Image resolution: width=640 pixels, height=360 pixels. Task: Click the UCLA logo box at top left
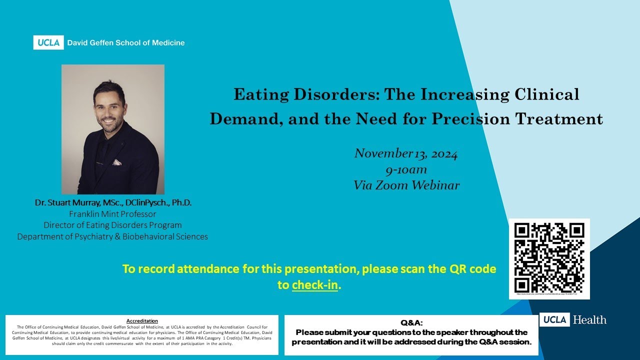click(49, 42)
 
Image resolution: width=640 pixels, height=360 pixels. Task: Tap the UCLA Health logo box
click(554, 319)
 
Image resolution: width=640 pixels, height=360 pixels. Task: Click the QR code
click(549, 258)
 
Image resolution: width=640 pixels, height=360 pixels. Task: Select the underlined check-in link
click(314, 285)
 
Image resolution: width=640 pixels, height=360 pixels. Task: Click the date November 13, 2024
click(406, 153)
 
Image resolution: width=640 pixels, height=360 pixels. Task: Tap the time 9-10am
click(406, 169)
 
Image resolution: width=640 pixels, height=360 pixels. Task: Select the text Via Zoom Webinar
click(406, 185)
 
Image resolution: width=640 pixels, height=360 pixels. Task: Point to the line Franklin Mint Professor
click(113, 214)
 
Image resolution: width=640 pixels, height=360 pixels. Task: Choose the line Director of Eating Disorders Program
click(113, 225)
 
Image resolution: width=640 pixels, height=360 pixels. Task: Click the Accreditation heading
click(142, 320)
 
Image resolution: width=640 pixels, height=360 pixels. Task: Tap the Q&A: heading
click(411, 323)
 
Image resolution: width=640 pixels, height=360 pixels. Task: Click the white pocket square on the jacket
click(116, 162)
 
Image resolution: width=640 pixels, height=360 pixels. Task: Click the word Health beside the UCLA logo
click(589, 319)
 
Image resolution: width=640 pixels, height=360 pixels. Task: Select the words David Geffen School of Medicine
click(125, 43)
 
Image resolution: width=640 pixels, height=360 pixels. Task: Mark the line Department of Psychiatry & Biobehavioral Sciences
click(113, 236)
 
